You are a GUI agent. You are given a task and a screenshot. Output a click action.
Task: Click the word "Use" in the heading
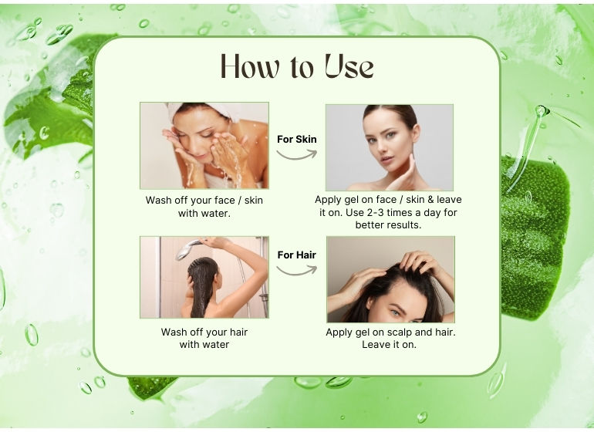pos(349,66)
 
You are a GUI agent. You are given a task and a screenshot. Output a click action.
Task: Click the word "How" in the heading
pos(251,66)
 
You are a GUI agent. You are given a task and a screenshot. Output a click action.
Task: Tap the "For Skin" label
pos(297,140)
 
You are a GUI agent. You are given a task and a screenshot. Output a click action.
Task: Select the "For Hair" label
pos(297,255)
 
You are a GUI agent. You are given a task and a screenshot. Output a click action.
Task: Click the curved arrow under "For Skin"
pos(297,156)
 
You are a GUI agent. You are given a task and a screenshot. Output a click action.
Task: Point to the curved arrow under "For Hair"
pos(297,272)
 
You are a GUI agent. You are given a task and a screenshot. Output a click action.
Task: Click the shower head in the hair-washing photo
pos(188,249)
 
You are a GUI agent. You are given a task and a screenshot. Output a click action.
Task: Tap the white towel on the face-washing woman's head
pos(204,110)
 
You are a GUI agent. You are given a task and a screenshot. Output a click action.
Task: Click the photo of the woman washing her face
pos(204,146)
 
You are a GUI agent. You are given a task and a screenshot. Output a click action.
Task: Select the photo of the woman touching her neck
pos(390,147)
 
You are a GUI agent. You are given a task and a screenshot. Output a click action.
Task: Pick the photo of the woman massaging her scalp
pos(390,279)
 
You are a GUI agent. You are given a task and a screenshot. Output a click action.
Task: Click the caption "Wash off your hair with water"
pos(204,338)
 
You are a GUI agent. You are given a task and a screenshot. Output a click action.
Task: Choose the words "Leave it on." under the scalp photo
pos(389,345)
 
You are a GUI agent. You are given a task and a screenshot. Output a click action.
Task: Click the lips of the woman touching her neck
pos(386,159)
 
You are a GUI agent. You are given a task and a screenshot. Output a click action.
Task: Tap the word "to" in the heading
pos(302,68)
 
